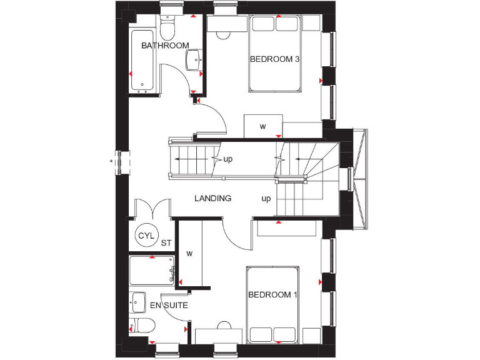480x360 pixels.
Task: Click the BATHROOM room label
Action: point(165,46)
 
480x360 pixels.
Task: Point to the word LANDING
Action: point(212,198)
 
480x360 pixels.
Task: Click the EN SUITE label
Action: point(169,306)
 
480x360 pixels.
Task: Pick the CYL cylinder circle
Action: point(146,235)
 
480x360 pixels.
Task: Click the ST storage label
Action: point(166,243)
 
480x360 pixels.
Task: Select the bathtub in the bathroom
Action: point(144,61)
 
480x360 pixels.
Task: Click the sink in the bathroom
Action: point(193,60)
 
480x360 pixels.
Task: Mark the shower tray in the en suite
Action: point(151,271)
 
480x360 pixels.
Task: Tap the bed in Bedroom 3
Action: point(276,53)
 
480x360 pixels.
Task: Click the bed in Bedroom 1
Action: point(272,304)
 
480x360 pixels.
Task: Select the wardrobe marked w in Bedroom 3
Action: point(262,126)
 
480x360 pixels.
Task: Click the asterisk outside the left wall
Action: point(112,162)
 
